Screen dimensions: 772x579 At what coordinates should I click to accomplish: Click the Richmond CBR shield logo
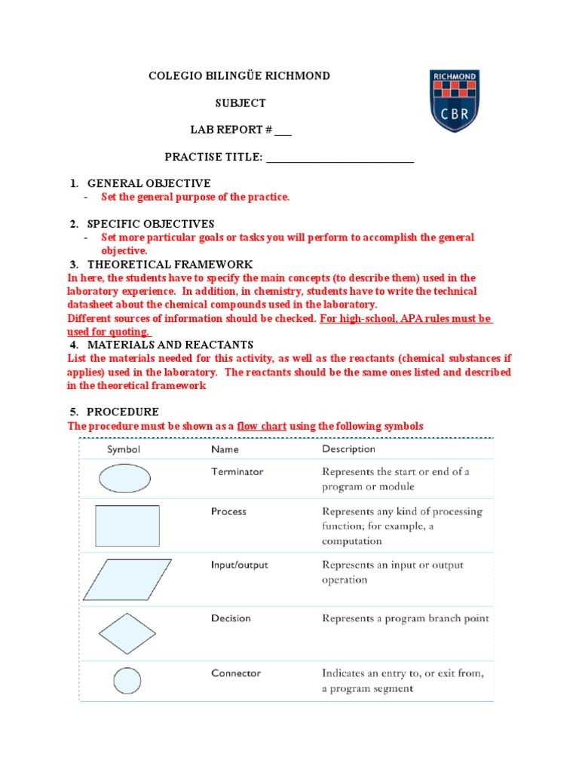point(454,101)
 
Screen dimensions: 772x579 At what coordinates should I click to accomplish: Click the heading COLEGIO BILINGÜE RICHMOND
point(238,76)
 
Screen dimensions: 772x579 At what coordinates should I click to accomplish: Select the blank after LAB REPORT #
point(283,130)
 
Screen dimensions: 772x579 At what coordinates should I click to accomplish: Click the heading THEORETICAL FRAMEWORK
point(170,265)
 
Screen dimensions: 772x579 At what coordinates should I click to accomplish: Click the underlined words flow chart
point(262,426)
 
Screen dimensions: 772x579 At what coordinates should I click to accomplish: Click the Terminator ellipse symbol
point(124,478)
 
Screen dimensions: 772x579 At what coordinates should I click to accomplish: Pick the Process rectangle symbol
point(127,525)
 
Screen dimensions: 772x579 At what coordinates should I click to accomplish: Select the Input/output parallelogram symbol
point(127,579)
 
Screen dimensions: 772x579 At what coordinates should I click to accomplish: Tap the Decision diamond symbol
point(127,633)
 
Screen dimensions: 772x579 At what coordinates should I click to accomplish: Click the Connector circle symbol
point(127,682)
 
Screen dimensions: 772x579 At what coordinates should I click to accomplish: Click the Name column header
point(225,449)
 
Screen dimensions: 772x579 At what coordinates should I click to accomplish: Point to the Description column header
point(348,449)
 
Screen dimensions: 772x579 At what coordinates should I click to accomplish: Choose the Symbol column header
point(124,449)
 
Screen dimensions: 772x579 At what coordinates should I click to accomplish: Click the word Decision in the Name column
point(231,618)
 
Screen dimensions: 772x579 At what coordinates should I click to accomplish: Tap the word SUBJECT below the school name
point(238,103)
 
